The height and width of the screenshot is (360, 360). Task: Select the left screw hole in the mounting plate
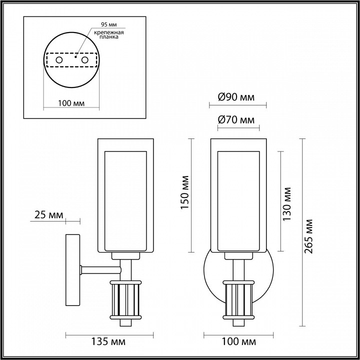(x=59, y=60)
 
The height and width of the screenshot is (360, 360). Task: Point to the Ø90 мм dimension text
(x=236, y=97)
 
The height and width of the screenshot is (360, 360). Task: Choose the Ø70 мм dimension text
(x=236, y=120)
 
